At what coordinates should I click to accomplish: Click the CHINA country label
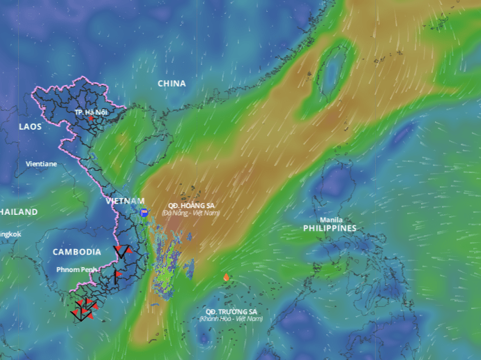(x=171, y=84)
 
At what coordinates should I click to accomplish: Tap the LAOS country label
(x=30, y=127)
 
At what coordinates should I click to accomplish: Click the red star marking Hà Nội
(x=91, y=119)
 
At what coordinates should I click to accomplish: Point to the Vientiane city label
(x=41, y=164)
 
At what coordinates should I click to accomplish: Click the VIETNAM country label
(x=125, y=201)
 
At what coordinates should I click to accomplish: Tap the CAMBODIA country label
(x=77, y=252)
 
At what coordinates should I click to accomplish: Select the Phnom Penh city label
(x=77, y=269)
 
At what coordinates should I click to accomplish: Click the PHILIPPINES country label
(x=330, y=228)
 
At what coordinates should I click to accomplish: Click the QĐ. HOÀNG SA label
(x=192, y=205)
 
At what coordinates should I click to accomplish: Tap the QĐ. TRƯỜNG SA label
(x=231, y=311)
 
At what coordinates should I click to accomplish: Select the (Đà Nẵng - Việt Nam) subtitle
(x=191, y=213)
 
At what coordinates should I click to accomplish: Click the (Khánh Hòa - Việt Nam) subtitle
(x=231, y=319)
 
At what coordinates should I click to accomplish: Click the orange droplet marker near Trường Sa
(x=226, y=278)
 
